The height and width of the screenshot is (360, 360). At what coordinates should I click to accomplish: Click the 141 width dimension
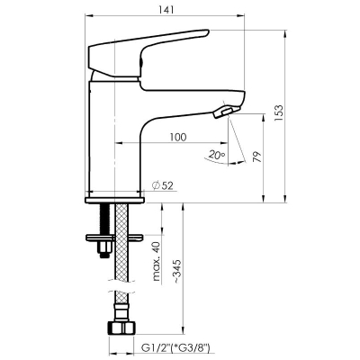166,10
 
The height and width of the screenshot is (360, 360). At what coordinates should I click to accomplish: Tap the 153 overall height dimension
279,112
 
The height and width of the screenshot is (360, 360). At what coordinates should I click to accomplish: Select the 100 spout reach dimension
178,137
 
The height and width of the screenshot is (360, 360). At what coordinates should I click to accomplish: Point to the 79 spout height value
257,157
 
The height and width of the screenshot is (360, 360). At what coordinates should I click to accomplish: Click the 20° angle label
217,155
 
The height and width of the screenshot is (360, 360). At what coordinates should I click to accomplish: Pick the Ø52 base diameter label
163,185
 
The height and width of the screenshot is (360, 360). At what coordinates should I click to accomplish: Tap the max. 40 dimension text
157,261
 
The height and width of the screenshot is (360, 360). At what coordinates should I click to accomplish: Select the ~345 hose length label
177,272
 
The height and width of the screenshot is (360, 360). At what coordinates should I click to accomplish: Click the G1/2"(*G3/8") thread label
175,348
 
